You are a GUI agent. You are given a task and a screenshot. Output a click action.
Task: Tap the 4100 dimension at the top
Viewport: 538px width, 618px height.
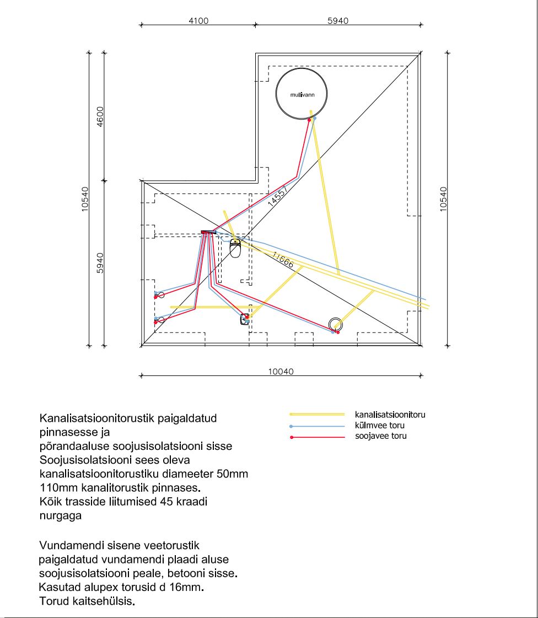coord(198,21)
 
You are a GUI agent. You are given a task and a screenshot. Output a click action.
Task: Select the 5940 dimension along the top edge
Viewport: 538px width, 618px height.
coord(338,21)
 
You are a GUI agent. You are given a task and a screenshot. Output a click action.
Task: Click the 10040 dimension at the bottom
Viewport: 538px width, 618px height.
coord(281,371)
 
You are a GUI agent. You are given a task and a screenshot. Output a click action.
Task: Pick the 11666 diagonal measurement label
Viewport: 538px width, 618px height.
coord(283,260)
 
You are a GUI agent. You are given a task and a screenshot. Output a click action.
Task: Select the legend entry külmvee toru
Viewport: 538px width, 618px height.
coord(380,426)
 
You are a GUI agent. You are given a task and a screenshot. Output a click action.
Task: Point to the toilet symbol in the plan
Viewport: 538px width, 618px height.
coord(235,249)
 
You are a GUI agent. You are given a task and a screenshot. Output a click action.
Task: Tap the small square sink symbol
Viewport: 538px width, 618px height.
coord(245,319)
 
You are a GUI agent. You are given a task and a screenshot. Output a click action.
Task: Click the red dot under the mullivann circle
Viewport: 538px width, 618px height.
coord(309,119)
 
